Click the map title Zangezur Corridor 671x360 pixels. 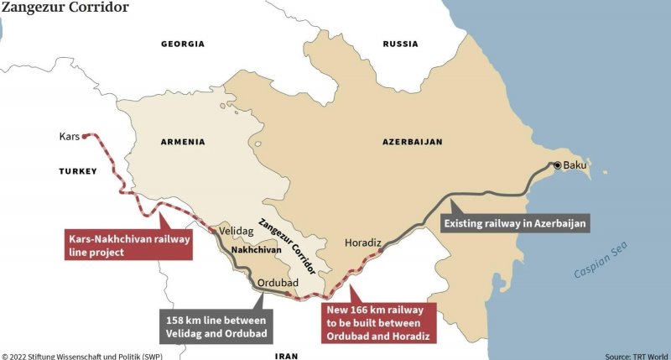pos(65,8)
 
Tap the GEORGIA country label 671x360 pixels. pos(182,44)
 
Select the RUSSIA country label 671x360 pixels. pos(400,44)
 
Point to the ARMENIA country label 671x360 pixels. pos(183,142)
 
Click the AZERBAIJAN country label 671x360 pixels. pos(412,142)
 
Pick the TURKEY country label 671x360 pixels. pos(78,171)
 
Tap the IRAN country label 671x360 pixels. pos(286,356)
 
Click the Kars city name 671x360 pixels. pos(70,136)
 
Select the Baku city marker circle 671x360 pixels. pos(555,165)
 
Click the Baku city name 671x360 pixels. pos(575,165)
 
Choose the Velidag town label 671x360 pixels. pos(237,229)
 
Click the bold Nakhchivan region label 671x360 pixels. pos(257,250)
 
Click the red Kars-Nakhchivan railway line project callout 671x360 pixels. pos(128,245)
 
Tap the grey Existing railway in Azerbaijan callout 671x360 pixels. pos(514,223)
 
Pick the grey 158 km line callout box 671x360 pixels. pos(216,328)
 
